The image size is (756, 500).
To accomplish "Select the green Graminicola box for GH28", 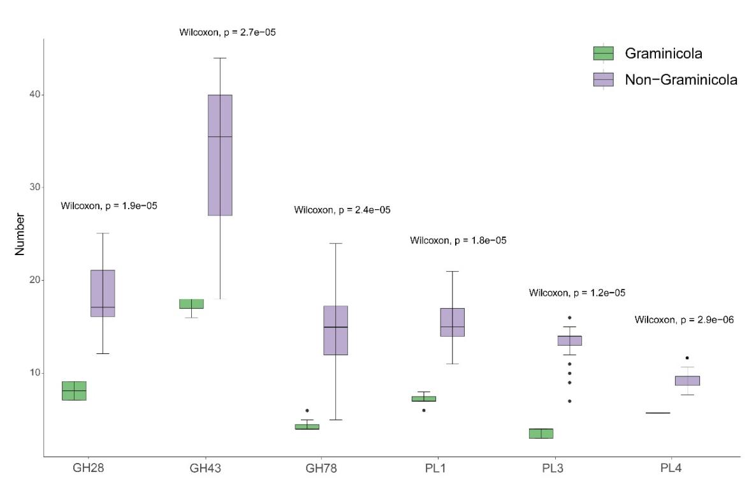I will (x=74, y=390).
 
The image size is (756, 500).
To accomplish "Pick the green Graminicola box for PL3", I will (x=541, y=434).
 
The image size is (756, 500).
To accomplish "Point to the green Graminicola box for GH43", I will (x=191, y=304).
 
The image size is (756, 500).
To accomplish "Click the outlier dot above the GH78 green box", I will (x=307, y=410).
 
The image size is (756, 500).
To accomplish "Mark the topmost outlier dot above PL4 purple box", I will (x=687, y=358).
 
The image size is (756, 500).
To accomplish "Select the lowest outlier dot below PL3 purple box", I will (x=570, y=401).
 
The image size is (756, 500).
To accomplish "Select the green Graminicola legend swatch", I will (x=603, y=54).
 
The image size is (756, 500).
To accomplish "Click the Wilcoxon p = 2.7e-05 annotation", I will (x=228, y=31).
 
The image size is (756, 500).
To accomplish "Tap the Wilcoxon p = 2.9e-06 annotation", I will (x=684, y=320).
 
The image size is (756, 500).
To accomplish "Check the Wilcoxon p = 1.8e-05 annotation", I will (x=458, y=240).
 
